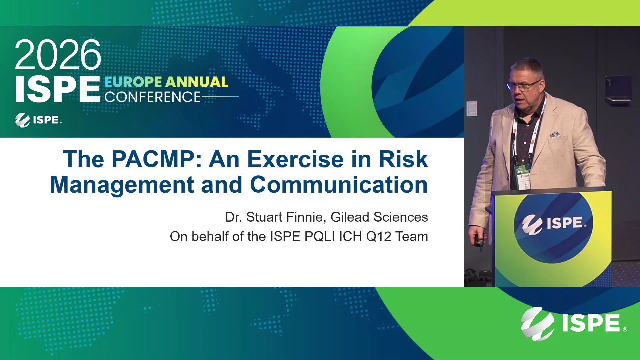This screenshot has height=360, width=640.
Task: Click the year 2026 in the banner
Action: pyautogui.click(x=58, y=55)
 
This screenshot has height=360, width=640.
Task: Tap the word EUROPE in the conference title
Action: pyautogui.click(x=133, y=82)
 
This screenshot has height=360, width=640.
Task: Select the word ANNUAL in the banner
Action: pyautogui.click(x=197, y=82)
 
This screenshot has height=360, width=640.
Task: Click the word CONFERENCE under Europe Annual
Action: pyautogui.click(x=152, y=97)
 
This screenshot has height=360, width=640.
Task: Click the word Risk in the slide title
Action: pyautogui.click(x=403, y=159)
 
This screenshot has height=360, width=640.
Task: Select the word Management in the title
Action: pyautogui.click(x=122, y=185)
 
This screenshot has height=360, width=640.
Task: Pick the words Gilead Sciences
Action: pyautogui.click(x=379, y=217)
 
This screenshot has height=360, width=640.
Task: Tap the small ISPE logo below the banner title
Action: pyautogui.click(x=38, y=120)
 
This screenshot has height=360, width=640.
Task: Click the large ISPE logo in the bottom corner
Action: pyautogui.click(x=574, y=324)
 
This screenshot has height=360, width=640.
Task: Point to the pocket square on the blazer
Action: pyautogui.click(x=555, y=135)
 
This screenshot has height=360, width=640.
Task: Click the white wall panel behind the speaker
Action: pyautogui.click(x=472, y=109)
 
